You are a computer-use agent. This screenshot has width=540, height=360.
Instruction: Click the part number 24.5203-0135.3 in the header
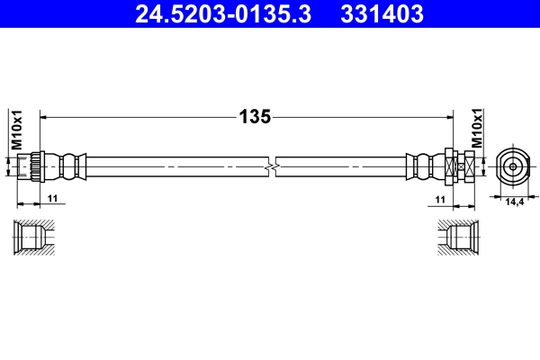point(221,13)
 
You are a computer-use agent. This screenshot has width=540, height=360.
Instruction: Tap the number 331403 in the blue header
point(380,13)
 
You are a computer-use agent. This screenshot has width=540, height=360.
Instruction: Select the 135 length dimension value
point(255,116)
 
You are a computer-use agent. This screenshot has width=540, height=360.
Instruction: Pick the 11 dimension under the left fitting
point(52,199)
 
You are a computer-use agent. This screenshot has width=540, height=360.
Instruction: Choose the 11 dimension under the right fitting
point(440,199)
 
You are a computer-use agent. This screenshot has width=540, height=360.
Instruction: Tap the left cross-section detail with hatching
point(35,237)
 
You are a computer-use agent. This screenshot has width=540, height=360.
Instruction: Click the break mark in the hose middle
point(272,166)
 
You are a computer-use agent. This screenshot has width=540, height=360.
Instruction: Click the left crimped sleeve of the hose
point(67,166)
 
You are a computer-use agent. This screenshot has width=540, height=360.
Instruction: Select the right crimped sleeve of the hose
point(424,166)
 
